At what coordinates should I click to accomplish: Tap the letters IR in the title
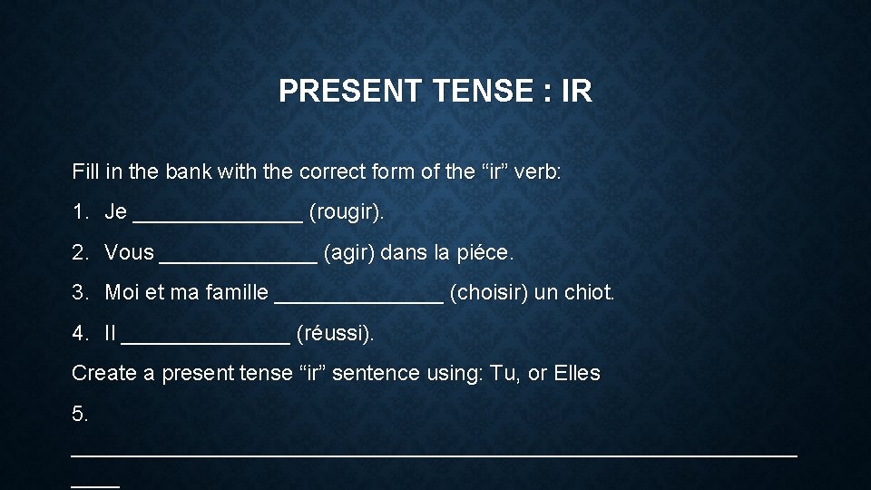click(577, 91)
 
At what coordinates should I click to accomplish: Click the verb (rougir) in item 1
click(347, 212)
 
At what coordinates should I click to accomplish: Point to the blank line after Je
click(217, 218)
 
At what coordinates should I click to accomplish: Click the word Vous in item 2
click(129, 253)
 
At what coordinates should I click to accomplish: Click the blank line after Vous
click(238, 259)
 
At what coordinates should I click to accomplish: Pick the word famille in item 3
click(236, 293)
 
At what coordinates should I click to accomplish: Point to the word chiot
click(589, 293)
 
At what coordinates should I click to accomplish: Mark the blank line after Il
click(205, 338)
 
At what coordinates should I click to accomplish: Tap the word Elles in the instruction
click(576, 373)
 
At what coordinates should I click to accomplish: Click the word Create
click(104, 373)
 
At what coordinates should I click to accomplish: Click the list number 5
click(80, 414)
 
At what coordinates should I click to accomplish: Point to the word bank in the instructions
click(191, 171)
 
